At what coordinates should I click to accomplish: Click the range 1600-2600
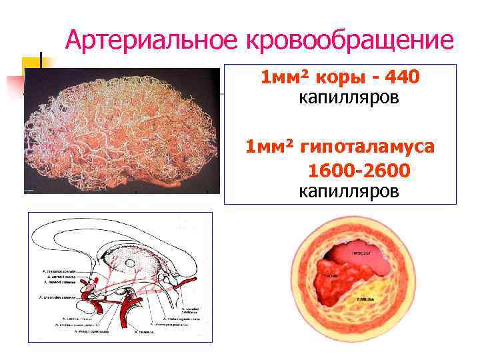point(359,171)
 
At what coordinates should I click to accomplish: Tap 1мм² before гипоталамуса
point(269,146)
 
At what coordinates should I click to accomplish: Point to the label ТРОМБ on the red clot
point(330,275)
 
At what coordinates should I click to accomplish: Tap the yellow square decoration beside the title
point(32,67)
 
